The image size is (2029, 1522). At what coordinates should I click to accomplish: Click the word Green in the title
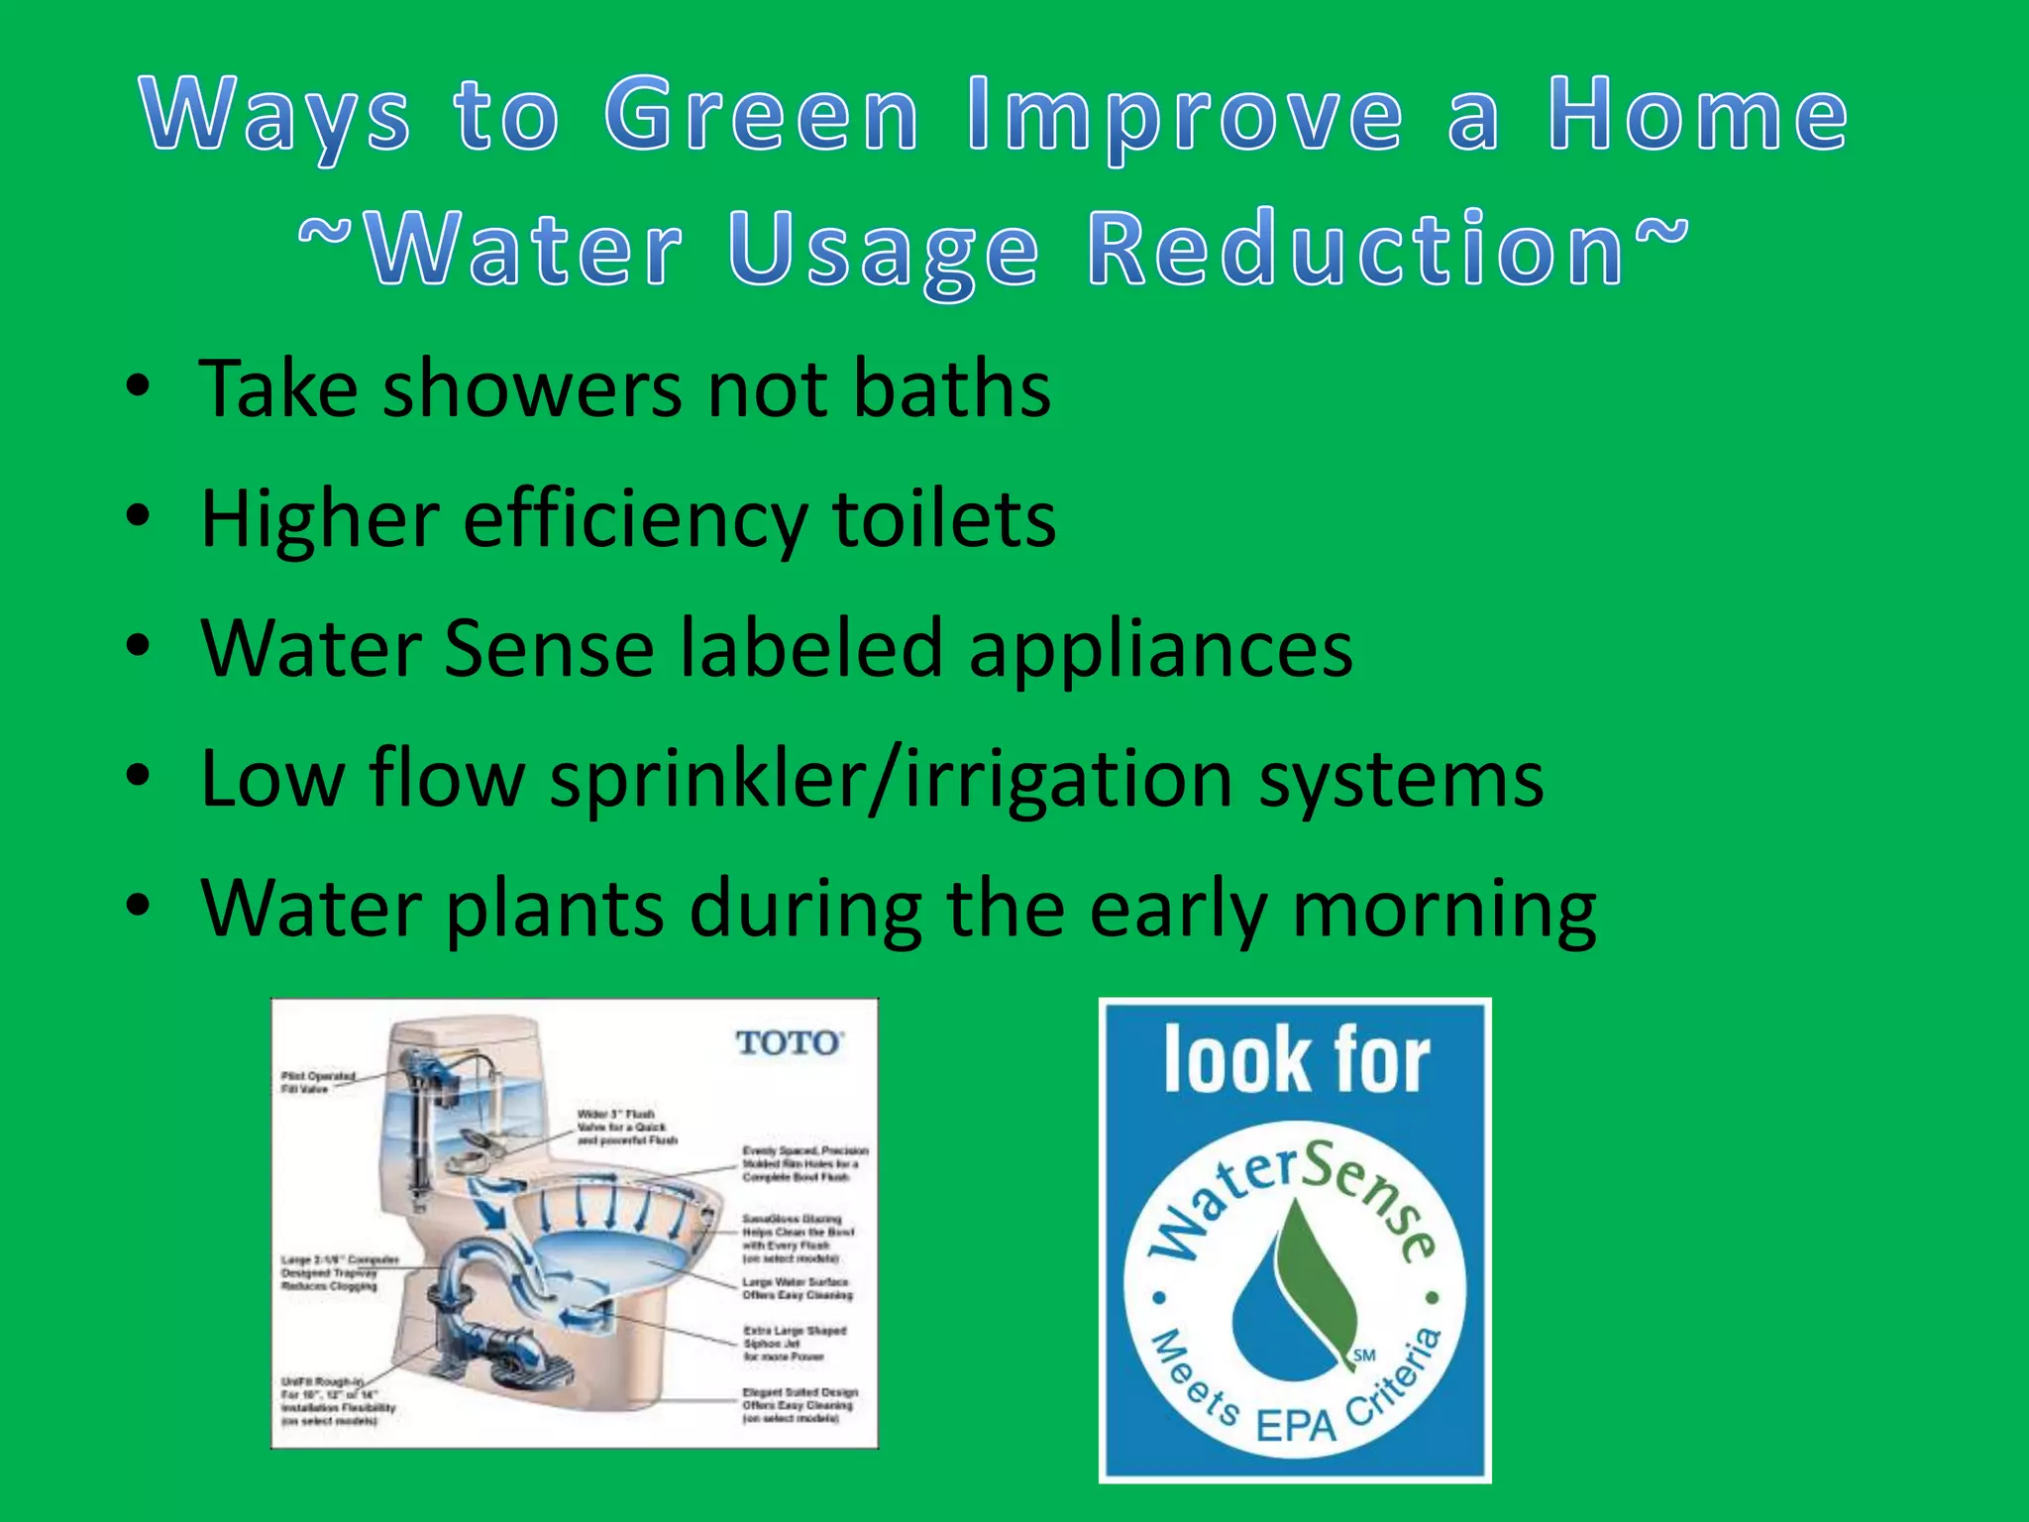click(762, 116)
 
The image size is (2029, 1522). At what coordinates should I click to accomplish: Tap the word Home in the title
click(1698, 116)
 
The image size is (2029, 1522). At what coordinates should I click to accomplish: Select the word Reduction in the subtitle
click(1355, 250)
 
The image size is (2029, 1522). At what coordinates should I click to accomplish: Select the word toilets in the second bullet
click(944, 520)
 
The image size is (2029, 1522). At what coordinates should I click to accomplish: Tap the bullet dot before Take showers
click(139, 386)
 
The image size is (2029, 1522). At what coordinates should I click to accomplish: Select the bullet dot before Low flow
click(139, 775)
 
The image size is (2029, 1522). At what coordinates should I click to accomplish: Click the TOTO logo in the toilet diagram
click(789, 1043)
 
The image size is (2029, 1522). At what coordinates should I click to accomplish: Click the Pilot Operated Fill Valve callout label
click(317, 1081)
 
